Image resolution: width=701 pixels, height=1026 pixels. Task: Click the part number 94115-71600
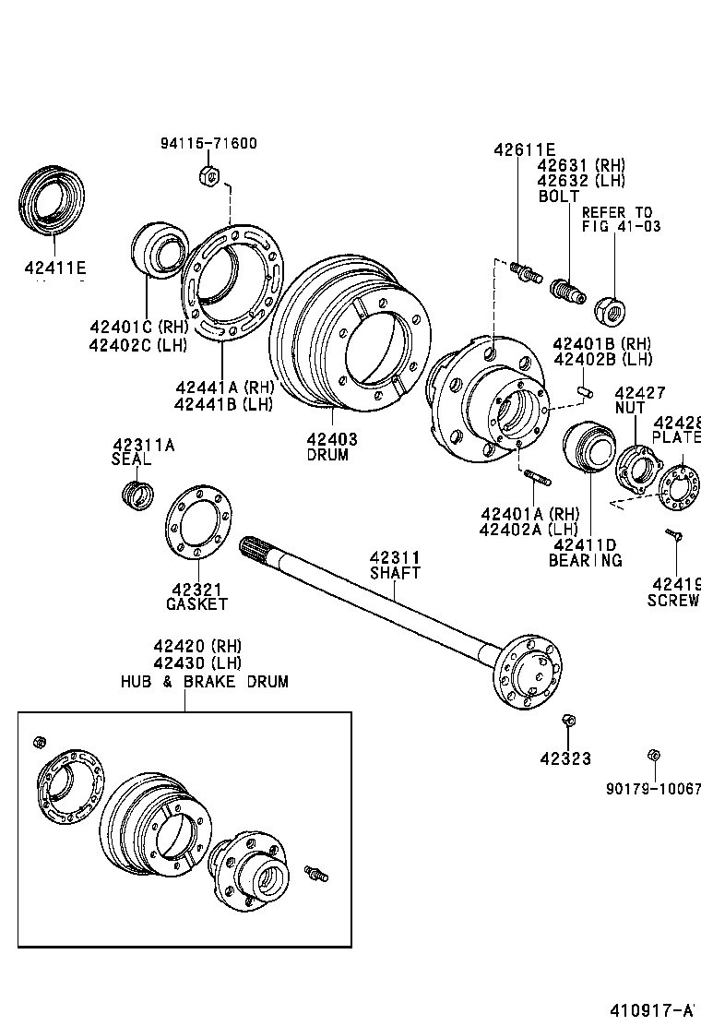[208, 143]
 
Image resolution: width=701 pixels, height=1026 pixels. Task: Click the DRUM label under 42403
[327, 455]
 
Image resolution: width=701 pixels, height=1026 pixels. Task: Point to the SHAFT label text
[395, 573]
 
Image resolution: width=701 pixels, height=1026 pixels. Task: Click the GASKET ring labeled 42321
[199, 520]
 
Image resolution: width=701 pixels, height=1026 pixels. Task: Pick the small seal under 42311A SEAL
[137, 493]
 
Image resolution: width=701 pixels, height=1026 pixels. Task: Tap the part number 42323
[566, 758]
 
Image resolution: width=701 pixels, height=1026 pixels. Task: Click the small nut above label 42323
[568, 720]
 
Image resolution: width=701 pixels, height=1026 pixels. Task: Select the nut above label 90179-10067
[653, 754]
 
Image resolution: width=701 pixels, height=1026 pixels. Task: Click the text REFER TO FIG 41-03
[617, 220]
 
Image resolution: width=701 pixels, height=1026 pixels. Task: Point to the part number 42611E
[524, 149]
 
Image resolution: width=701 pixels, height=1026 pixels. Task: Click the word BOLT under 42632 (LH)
[558, 197]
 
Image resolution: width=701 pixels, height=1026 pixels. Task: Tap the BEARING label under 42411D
[585, 560]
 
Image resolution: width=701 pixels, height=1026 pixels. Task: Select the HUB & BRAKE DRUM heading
[204, 682]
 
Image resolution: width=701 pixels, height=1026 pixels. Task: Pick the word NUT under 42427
[630, 407]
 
